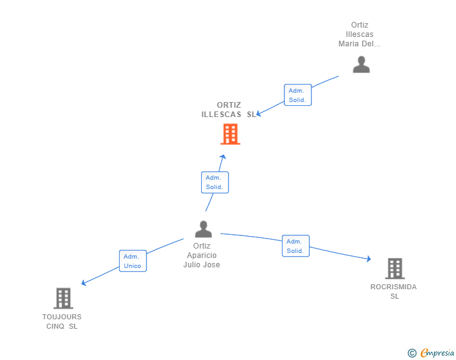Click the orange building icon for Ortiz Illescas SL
click(231, 134)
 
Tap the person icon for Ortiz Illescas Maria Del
click(361, 64)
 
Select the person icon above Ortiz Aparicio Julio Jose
click(203, 229)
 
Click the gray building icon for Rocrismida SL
click(395, 269)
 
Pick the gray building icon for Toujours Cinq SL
click(63, 298)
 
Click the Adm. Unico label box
click(133, 261)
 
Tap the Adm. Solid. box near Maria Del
click(297, 95)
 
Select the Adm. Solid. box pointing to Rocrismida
click(296, 246)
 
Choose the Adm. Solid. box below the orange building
click(214, 182)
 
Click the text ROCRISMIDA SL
click(394, 291)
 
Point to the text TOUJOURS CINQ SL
click(62, 321)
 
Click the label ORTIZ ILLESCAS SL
click(229, 110)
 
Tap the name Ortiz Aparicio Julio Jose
click(202, 255)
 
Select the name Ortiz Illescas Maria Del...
click(360, 34)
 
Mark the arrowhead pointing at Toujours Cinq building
click(84, 283)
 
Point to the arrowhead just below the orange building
click(222, 157)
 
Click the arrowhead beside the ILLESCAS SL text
click(259, 113)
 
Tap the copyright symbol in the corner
click(412, 353)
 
